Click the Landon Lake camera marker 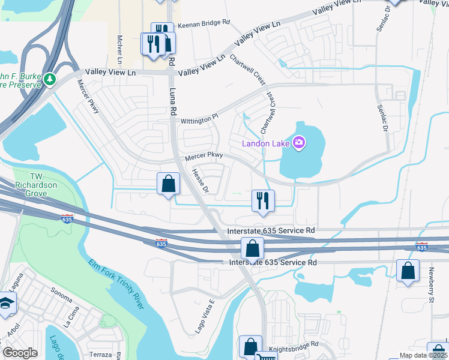[x=299, y=142]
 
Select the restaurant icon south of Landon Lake [x=262, y=201]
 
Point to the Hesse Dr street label [x=200, y=181]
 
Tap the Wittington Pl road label [x=200, y=120]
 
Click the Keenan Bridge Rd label [x=204, y=22]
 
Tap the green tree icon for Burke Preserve [x=52, y=79]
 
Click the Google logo [x=20, y=353]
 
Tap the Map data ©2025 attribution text [x=423, y=355]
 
